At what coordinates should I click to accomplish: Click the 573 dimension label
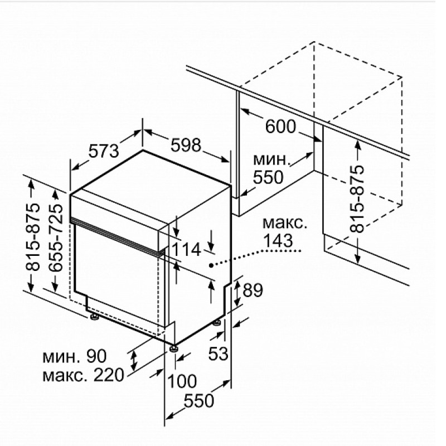104,151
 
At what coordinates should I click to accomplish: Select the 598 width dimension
186,145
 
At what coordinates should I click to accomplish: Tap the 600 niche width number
280,127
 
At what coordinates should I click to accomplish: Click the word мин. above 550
272,160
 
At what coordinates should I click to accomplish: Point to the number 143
278,241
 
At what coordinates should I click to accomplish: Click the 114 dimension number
187,250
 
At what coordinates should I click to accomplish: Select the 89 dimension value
253,290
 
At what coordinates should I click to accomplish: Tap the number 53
218,353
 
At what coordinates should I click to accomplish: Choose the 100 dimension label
182,381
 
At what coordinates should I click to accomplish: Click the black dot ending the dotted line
211,265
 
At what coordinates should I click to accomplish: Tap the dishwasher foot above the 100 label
173,348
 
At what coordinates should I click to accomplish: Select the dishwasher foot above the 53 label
217,323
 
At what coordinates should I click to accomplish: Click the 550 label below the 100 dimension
199,400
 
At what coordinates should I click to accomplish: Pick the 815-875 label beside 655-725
33,236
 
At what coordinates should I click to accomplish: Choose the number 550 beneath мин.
268,177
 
